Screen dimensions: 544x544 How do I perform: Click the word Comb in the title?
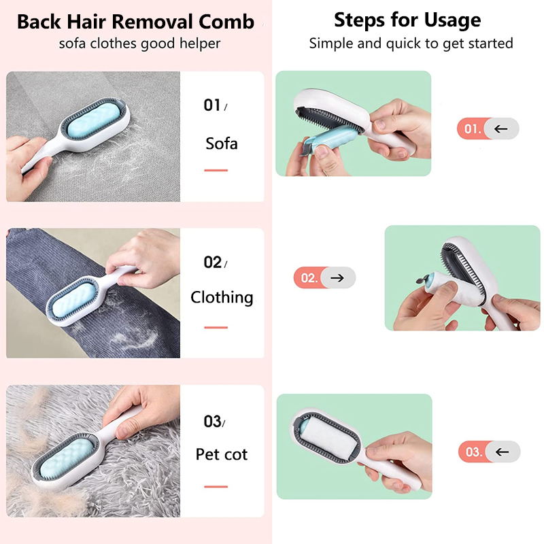[226, 22]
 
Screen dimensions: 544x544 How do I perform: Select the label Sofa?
[222, 143]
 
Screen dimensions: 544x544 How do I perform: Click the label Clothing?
[222, 298]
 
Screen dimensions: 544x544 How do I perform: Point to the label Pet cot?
[222, 454]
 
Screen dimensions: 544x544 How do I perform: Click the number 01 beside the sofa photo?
[212, 105]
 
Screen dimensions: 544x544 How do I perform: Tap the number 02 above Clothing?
[213, 262]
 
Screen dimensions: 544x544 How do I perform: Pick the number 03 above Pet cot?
[212, 421]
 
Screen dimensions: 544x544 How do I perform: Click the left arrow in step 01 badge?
[500, 129]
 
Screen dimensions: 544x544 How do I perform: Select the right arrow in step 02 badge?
[337, 277]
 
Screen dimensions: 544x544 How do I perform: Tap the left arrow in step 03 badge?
[502, 452]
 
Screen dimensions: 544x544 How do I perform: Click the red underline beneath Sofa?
[216, 171]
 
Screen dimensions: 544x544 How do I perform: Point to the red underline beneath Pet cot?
[216, 486]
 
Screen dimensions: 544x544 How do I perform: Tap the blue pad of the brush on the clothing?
[72, 299]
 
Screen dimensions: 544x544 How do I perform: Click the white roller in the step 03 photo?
[329, 439]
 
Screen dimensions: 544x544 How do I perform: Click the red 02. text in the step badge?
[309, 278]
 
